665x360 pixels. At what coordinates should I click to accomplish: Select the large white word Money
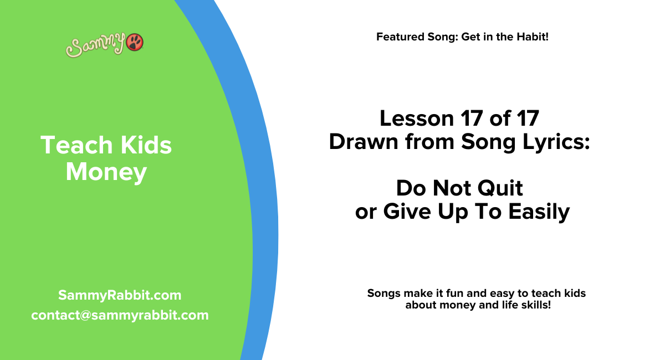tap(106, 172)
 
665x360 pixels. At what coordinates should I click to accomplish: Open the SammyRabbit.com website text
tap(120, 295)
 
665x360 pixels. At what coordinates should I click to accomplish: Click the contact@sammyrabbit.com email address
tap(120, 315)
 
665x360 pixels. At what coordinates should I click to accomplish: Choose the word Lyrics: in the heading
tap(557, 142)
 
